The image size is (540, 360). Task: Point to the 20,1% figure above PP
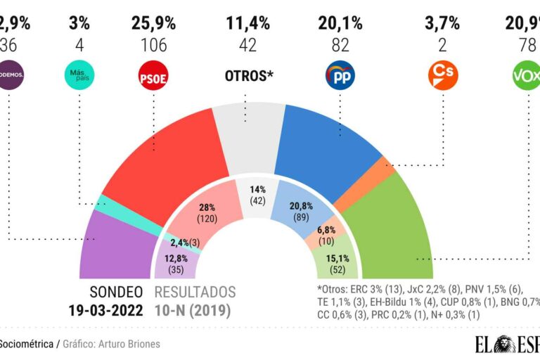[340, 24]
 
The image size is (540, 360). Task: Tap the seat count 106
[153, 46]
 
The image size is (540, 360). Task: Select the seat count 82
[340, 46]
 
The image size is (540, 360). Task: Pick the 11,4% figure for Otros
[247, 24]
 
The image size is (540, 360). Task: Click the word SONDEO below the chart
[116, 292]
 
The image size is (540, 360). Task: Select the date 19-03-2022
[105, 309]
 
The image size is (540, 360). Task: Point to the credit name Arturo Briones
[134, 345]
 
